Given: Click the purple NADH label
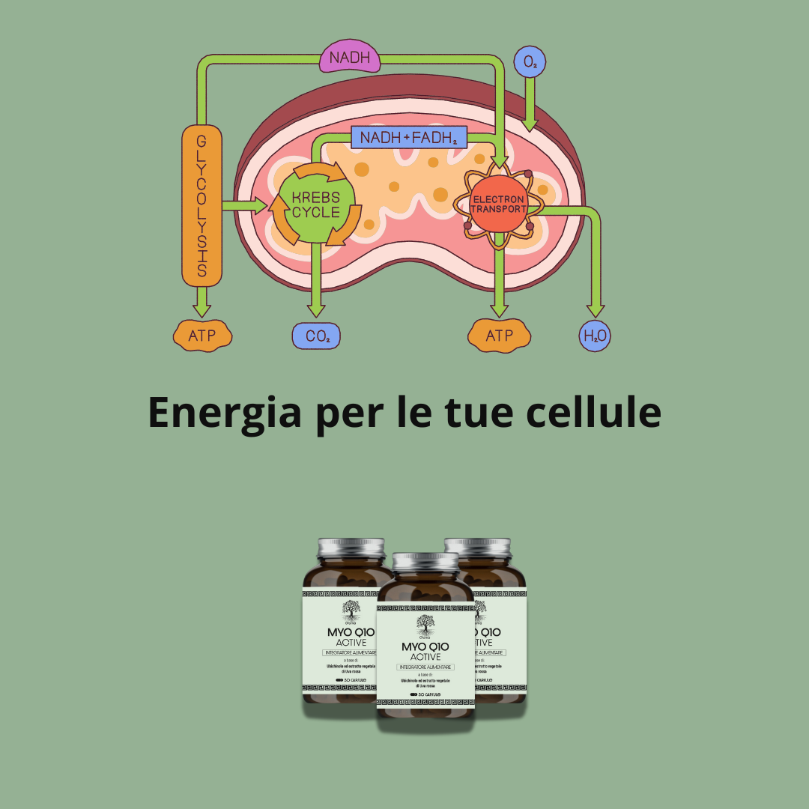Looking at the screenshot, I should point(350,58).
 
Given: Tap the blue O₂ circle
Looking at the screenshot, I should point(530,64).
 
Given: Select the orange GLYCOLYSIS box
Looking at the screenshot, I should point(202,206).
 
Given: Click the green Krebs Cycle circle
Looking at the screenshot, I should point(315,204).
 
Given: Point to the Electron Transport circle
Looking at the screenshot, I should point(499,204).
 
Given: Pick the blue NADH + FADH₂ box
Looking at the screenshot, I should point(408,138).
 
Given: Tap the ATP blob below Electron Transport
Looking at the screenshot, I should point(499,335).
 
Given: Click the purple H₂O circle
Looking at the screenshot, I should point(596,336).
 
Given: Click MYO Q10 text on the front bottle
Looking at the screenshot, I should point(425,646).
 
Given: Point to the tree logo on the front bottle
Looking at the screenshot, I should point(425,623).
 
